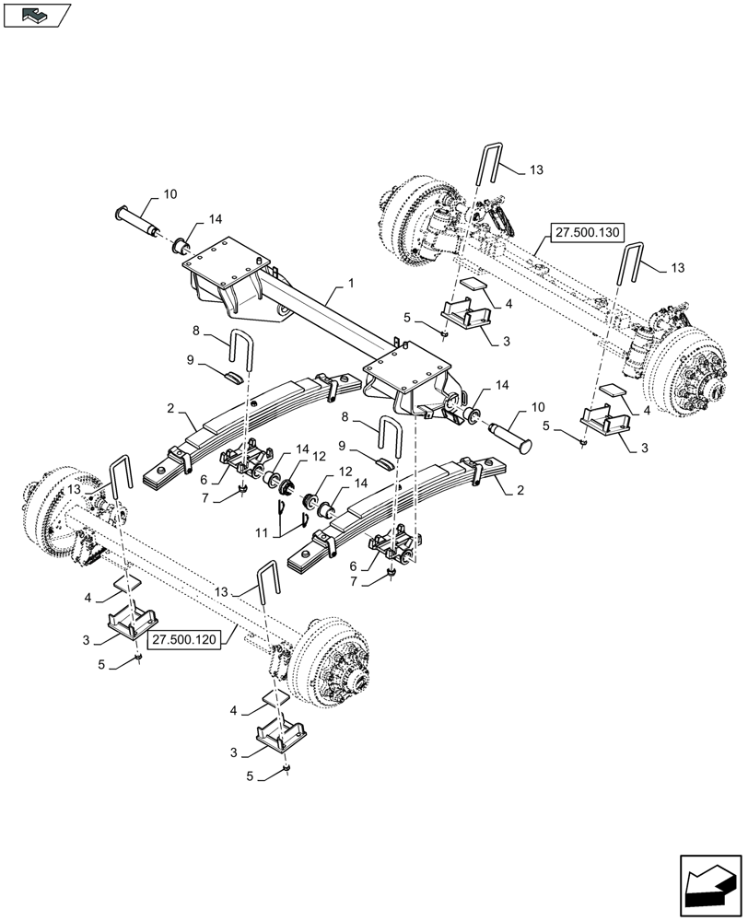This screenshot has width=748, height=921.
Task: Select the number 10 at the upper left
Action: pyautogui.click(x=170, y=194)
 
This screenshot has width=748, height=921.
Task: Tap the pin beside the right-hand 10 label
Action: pyautogui.click(x=504, y=431)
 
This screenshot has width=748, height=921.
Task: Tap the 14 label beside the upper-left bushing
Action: pyautogui.click(x=215, y=219)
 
